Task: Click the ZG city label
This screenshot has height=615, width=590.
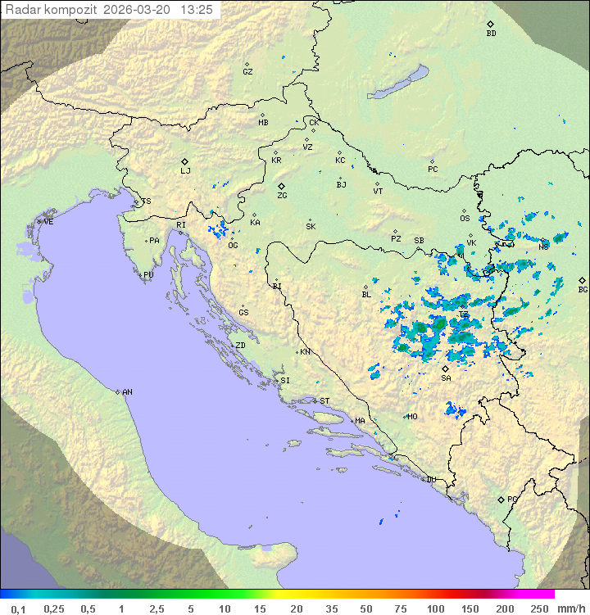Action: click(x=282, y=197)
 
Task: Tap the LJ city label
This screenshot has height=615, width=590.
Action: click(x=185, y=172)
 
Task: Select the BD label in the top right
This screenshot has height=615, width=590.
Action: click(x=491, y=34)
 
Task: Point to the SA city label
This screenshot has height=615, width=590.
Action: click(x=446, y=378)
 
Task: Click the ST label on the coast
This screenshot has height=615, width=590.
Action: click(x=324, y=401)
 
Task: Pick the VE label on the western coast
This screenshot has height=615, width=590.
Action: click(x=48, y=222)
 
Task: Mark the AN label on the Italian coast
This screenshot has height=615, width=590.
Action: click(x=127, y=392)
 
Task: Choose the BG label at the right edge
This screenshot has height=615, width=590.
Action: click(x=583, y=290)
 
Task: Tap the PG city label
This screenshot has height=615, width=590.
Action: click(x=512, y=500)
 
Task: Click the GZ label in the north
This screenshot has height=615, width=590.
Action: click(x=247, y=72)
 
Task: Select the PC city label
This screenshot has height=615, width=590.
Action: click(x=433, y=170)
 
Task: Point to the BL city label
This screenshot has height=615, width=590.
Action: click(x=366, y=295)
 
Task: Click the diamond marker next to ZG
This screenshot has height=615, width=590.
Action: click(x=281, y=186)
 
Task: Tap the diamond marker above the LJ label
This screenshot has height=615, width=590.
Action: click(x=185, y=161)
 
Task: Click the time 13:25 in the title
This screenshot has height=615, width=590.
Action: click(x=197, y=10)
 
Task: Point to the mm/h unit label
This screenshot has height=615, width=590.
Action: click(x=570, y=608)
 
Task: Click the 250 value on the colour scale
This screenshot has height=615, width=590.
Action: click(x=539, y=608)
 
